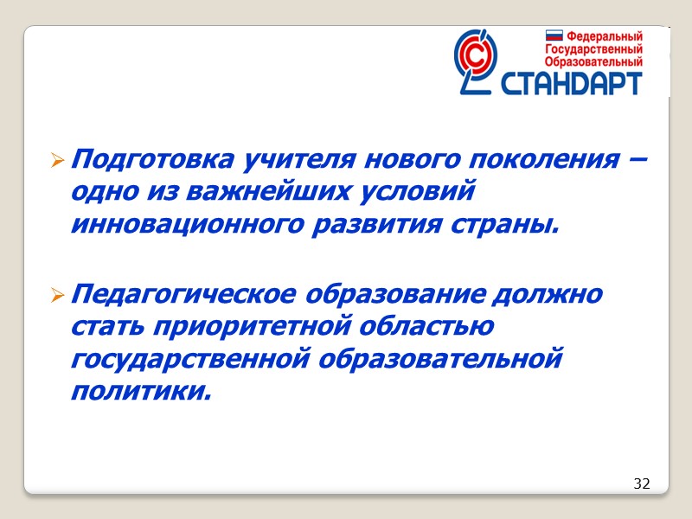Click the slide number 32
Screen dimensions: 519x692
[x=641, y=483]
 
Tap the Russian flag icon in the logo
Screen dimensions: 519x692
[x=554, y=37]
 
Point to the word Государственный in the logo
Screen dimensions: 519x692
[x=593, y=49]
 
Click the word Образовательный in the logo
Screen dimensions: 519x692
[x=593, y=61]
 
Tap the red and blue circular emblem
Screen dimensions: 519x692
[x=477, y=59]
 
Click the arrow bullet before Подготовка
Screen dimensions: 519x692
[x=57, y=161]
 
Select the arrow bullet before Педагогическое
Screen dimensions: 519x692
[x=57, y=296]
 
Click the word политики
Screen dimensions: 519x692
[x=140, y=391]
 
